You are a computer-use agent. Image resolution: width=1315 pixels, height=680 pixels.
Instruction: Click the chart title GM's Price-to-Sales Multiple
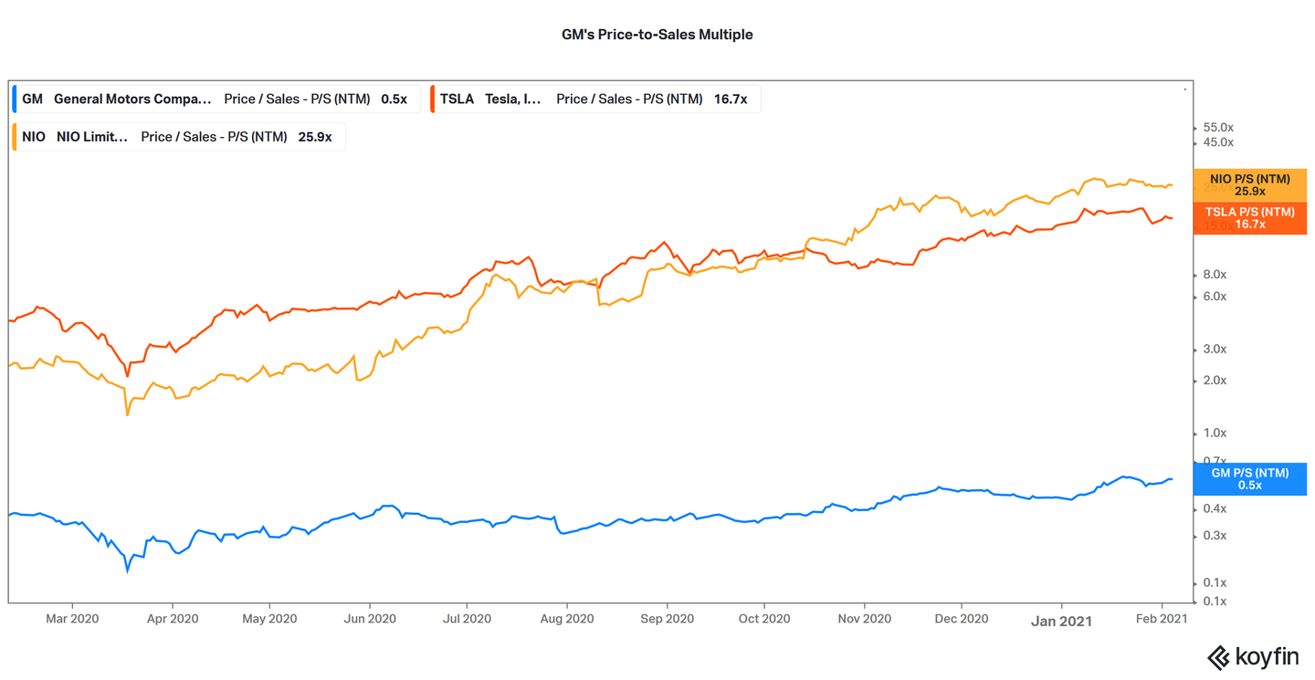(x=657, y=35)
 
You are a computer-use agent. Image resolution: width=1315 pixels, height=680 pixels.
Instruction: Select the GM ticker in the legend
(x=32, y=99)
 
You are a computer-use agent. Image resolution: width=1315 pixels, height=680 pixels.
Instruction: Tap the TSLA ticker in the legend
(x=457, y=99)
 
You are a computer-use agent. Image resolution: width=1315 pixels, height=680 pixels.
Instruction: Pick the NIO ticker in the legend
(x=34, y=137)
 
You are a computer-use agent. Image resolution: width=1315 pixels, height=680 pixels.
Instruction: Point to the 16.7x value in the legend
(x=731, y=99)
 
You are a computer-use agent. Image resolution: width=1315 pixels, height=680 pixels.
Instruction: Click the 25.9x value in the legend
(x=315, y=137)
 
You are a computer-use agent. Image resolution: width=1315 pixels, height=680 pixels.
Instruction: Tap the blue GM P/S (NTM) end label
(x=1249, y=479)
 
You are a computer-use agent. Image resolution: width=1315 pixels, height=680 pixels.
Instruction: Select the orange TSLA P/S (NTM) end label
(x=1249, y=218)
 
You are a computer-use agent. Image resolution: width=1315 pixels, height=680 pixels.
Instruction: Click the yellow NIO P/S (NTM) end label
(x=1249, y=185)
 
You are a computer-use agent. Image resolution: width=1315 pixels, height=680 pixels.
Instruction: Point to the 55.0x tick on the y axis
(x=1218, y=127)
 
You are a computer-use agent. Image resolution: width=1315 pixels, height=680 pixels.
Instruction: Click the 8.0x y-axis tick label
(x=1215, y=275)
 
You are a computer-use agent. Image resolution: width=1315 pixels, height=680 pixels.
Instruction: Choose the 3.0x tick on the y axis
(x=1215, y=350)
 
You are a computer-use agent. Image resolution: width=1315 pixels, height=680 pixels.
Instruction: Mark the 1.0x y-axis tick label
(x=1215, y=434)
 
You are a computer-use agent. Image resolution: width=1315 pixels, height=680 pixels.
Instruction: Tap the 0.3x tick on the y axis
(x=1215, y=536)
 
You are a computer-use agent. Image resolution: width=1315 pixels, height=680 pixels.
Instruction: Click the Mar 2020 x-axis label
(x=71, y=619)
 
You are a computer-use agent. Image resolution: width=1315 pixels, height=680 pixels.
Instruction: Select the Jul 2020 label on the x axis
(x=467, y=619)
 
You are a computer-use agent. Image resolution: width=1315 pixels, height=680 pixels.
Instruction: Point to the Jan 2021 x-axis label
(x=1061, y=620)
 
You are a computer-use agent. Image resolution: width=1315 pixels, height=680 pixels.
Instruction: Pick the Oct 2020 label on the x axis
(x=763, y=619)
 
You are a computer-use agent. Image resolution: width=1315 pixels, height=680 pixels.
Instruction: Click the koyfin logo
(x=1253, y=657)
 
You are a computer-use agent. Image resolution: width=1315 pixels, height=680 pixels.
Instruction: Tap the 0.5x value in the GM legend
(x=394, y=99)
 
